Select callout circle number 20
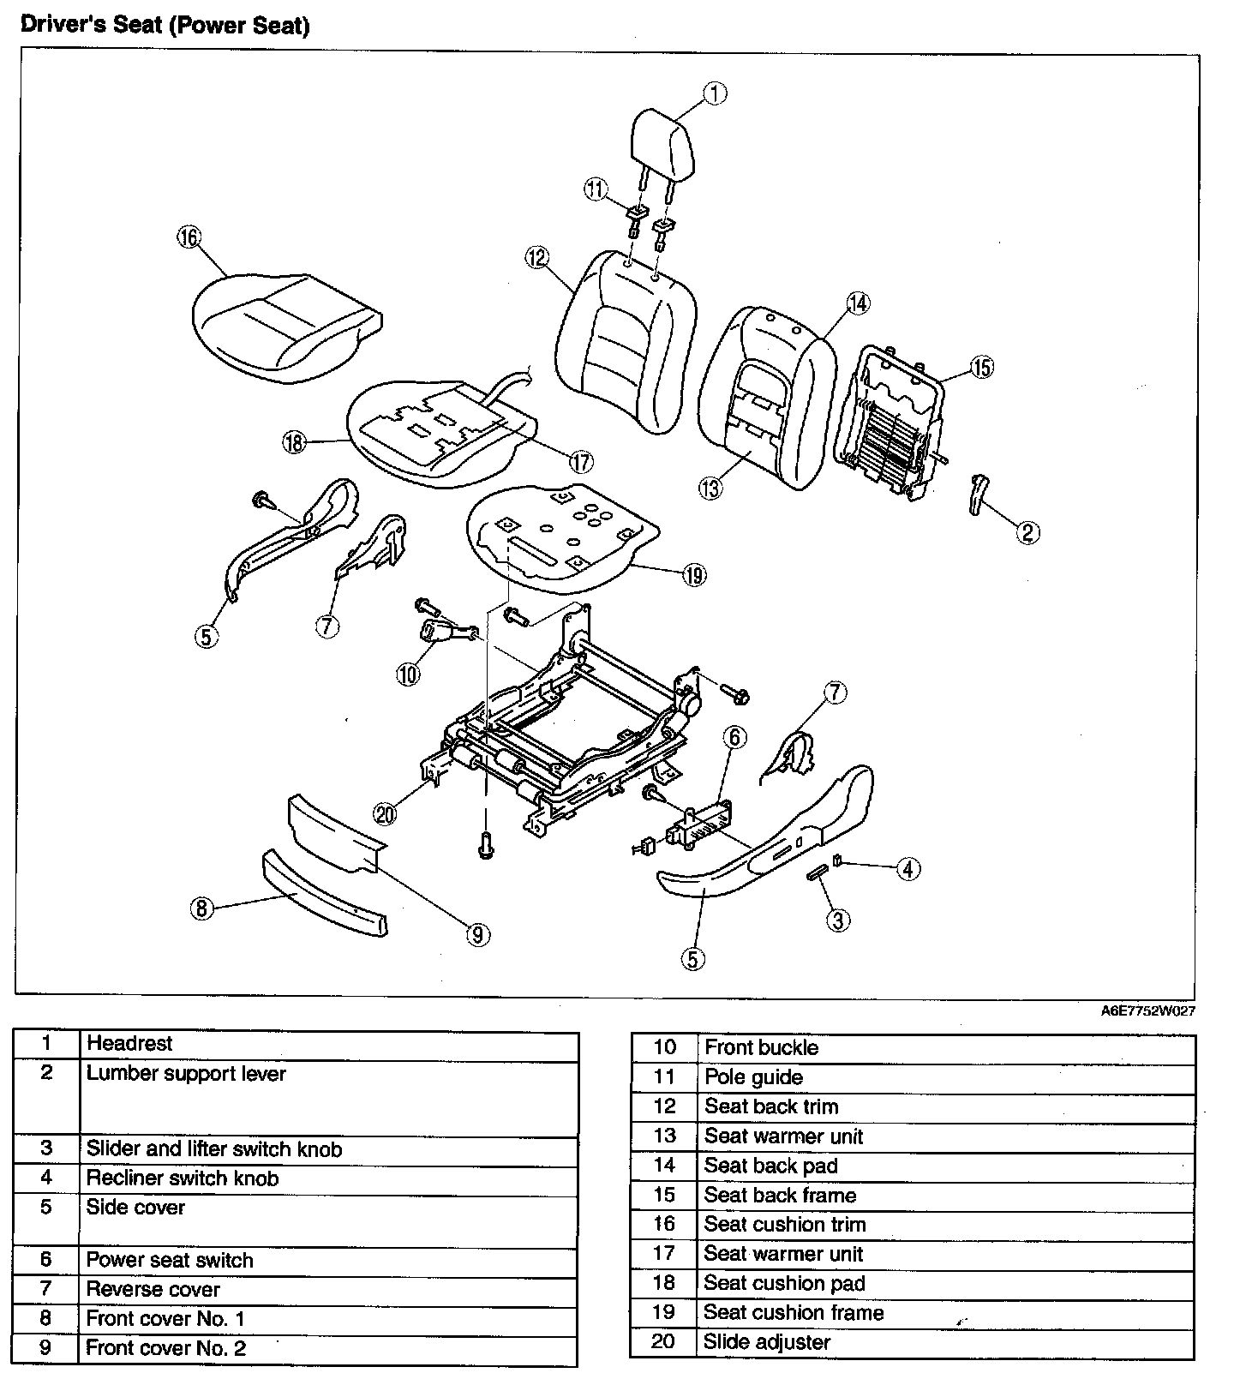click(386, 813)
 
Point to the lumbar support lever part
click(978, 495)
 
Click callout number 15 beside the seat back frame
click(981, 368)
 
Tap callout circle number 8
click(201, 907)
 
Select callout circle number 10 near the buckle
click(409, 674)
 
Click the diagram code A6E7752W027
click(1147, 1010)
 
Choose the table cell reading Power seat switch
click(170, 1260)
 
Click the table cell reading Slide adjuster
click(767, 1342)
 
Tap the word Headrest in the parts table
click(129, 1043)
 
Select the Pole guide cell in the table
click(754, 1077)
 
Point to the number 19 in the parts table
click(664, 1312)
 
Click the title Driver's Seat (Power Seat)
click(165, 25)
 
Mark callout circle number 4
click(908, 868)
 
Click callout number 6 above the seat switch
click(734, 737)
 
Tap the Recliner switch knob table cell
click(183, 1178)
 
